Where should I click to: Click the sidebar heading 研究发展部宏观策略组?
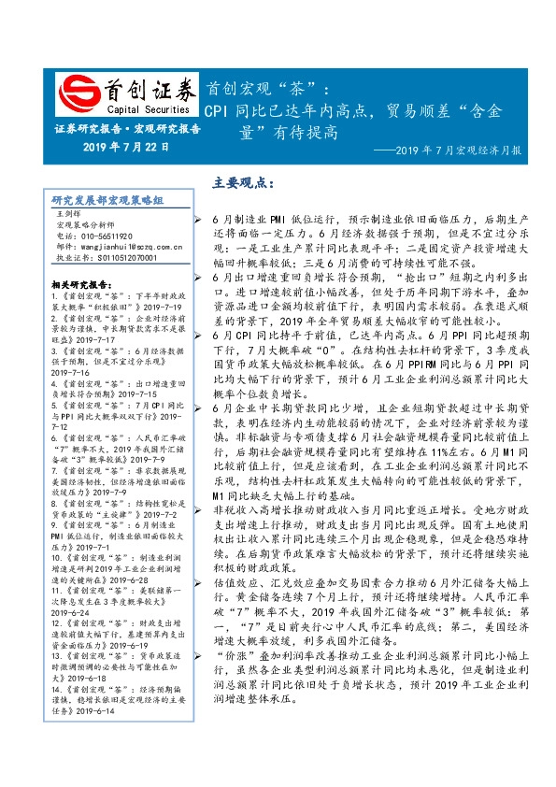107,200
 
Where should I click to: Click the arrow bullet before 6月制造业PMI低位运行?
202,218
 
